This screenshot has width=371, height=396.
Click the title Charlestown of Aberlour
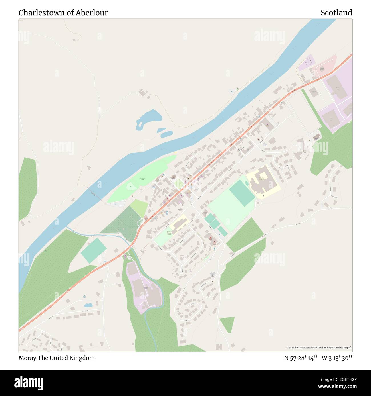63,13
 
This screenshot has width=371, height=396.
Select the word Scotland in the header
336,13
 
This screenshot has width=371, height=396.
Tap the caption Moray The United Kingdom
57,358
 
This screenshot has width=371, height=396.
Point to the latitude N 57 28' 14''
301,358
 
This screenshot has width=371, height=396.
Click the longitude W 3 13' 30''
337,358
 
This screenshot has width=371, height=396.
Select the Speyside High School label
261,179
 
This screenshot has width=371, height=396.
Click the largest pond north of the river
149,119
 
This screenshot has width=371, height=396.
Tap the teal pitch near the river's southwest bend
94,250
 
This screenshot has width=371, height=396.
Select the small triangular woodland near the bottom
228,324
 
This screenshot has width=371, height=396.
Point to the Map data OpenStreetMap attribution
319,348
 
